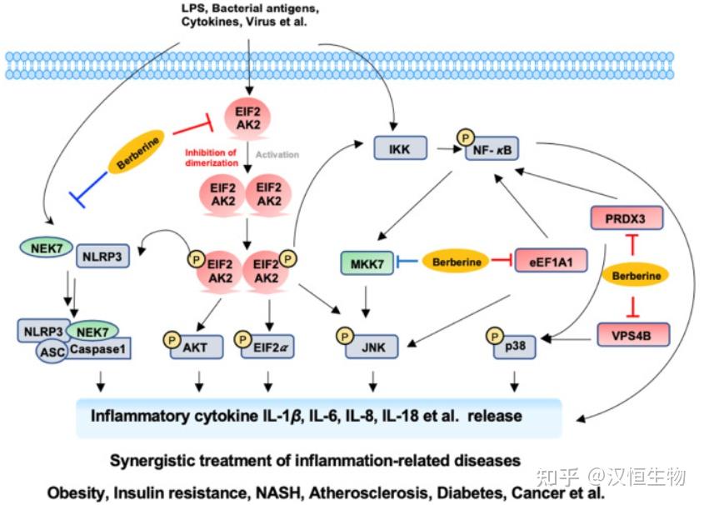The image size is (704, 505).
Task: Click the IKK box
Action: [x=400, y=148]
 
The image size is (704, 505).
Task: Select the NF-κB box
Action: [x=492, y=149]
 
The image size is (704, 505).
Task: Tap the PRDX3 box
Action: [x=627, y=218]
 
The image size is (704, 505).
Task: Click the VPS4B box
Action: [x=633, y=335]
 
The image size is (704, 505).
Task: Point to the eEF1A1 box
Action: [x=551, y=260]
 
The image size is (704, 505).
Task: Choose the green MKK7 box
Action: [x=367, y=263]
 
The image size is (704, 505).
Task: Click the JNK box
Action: [x=372, y=347]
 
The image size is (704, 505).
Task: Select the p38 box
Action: [x=515, y=347]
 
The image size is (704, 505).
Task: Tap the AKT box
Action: [x=197, y=347]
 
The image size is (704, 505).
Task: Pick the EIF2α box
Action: [x=267, y=347]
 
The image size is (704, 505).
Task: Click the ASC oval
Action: [x=52, y=351]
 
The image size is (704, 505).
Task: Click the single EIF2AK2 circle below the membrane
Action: [x=248, y=118]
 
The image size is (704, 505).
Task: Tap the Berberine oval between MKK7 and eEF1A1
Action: [x=456, y=262]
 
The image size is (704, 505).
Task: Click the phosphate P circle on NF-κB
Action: [x=466, y=137]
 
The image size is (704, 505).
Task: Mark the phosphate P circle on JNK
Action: [x=345, y=336]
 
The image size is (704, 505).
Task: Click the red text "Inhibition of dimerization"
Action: [x=212, y=157]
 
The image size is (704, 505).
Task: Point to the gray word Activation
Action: [x=277, y=154]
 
